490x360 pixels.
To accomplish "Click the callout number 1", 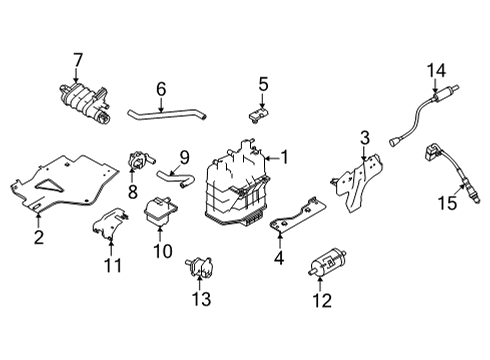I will pyautogui.click(x=284, y=157).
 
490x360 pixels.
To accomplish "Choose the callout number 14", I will pyautogui.click(x=434, y=69).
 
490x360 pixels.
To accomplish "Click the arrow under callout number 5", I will pyautogui.click(x=262, y=104).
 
